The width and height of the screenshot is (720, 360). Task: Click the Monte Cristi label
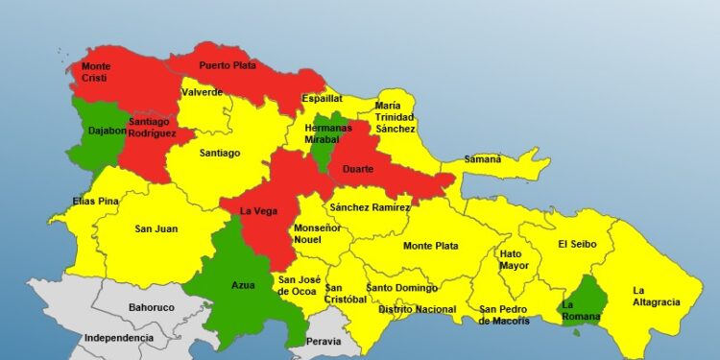point(96,72)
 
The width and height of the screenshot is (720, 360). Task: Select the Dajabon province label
point(108,130)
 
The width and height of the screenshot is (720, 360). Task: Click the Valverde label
point(202,92)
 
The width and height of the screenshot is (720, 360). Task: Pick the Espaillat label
point(322,98)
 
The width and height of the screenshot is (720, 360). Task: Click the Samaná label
point(483,158)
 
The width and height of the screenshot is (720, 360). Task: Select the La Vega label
point(259,210)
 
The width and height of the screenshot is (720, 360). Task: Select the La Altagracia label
point(656,296)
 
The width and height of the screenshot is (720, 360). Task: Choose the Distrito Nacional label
point(417,309)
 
